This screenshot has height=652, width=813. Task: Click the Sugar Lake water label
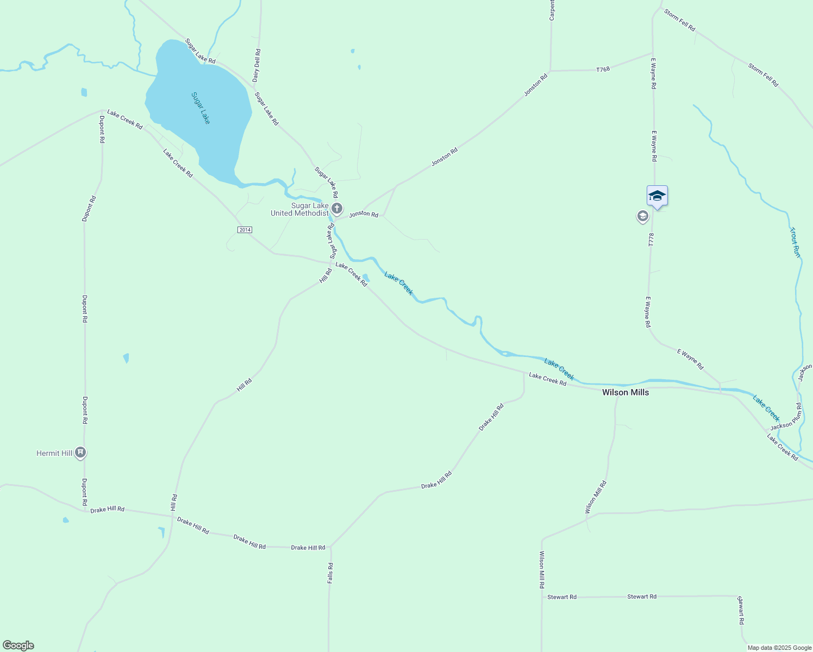pos(201,108)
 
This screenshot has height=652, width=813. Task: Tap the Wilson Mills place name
pos(625,392)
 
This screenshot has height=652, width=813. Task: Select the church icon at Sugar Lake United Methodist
pos(337,208)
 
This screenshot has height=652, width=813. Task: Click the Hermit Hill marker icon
pos(80,452)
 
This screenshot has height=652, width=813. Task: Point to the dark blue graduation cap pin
pos(657,196)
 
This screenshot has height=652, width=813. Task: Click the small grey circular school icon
pos(642,217)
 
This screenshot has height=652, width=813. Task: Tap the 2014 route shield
pos(245,230)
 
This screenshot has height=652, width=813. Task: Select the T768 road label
pos(603,70)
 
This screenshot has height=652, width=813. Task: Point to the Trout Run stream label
pos(795,242)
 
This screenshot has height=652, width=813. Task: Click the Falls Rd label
pos(330,573)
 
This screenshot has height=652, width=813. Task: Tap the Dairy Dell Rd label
pos(257,66)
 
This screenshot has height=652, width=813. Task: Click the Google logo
pos(18,645)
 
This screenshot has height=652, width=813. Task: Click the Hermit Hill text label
pos(54,453)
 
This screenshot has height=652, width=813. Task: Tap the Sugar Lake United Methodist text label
pos(300,209)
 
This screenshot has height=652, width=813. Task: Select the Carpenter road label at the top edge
pos(552,10)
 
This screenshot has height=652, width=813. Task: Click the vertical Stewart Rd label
pos(740,610)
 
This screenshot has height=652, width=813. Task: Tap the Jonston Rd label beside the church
pos(364,214)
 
